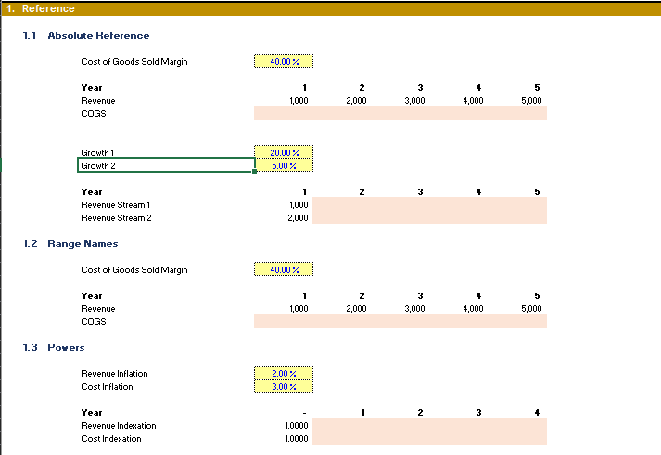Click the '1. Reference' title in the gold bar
[41, 8]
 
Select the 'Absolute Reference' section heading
[98, 35]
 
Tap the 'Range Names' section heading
[83, 243]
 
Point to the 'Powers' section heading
[66, 347]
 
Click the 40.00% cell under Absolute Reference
[284, 61]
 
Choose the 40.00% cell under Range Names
[284, 269]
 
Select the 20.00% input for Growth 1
[284, 152]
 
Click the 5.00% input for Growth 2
[284, 165]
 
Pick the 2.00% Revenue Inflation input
[284, 373]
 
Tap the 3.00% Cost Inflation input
[284, 386]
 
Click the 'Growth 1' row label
[97, 153]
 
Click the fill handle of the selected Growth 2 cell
[254, 172]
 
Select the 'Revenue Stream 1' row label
[116, 204]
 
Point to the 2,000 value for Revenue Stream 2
[298, 218]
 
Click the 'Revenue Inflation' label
[114, 374]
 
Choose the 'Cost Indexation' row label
[111, 439]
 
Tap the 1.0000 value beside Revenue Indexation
[297, 426]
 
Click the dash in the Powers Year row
[304, 413]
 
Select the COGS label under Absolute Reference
[94, 114]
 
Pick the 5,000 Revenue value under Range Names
[531, 308]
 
